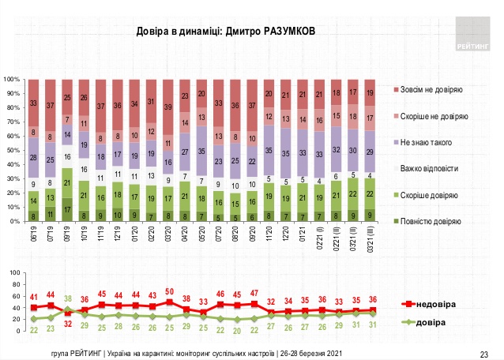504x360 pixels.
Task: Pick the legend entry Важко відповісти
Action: coord(434,168)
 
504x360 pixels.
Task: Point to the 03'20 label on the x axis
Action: coord(167,234)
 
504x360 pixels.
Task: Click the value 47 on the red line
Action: coord(254,294)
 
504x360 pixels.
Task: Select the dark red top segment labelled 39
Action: coord(168,107)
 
